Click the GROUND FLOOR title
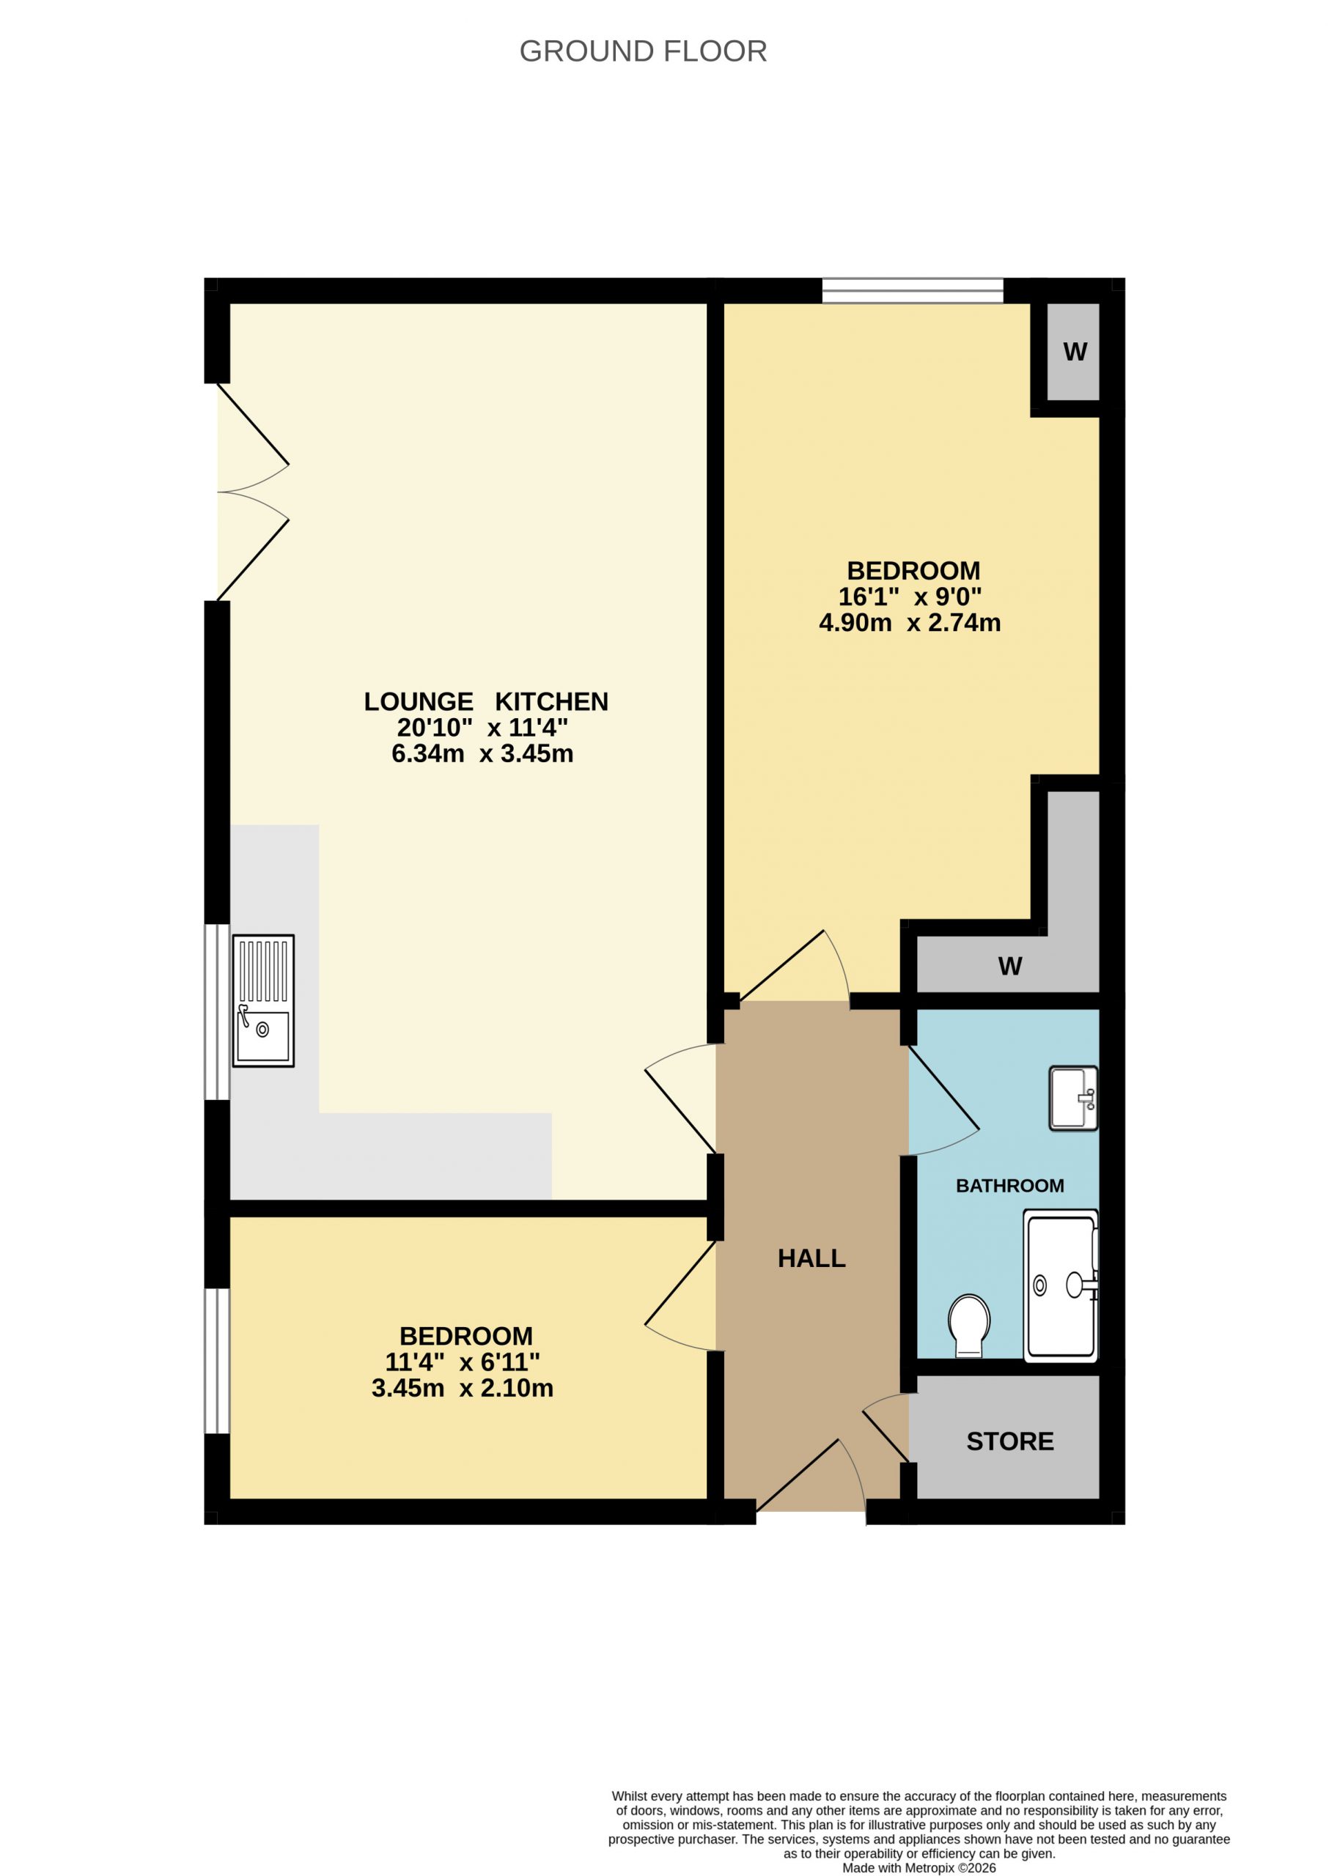(x=643, y=51)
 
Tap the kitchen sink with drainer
(x=262, y=1000)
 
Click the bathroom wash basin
(x=1074, y=1098)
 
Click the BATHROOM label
(x=1010, y=1186)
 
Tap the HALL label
(x=811, y=1258)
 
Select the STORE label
(x=1010, y=1441)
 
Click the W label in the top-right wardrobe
(x=1075, y=352)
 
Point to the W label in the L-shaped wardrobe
(x=1010, y=967)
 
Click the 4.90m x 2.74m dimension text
(x=909, y=623)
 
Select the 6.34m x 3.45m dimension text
(x=482, y=753)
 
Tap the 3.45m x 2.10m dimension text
(x=463, y=1389)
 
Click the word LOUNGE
(x=418, y=702)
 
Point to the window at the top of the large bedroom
(x=913, y=290)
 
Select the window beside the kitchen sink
(x=217, y=1012)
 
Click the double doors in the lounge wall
(x=252, y=492)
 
